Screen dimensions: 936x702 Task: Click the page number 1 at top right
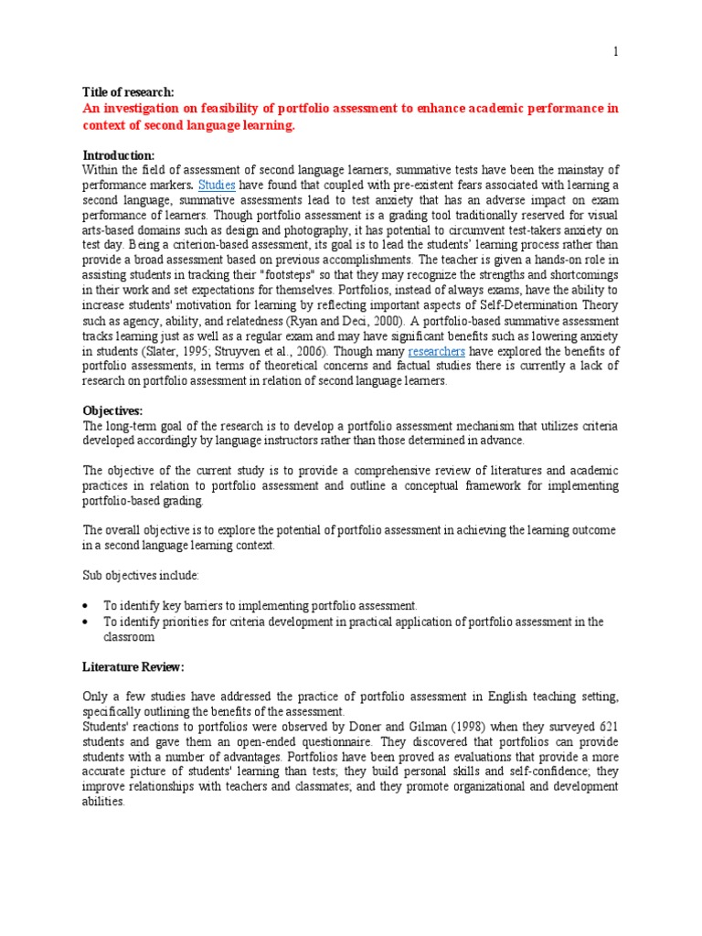[616, 52]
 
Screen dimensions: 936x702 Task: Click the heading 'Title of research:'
[128, 91]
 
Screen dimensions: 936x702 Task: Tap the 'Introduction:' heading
[119, 155]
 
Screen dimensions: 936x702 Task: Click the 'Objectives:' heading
[113, 411]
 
